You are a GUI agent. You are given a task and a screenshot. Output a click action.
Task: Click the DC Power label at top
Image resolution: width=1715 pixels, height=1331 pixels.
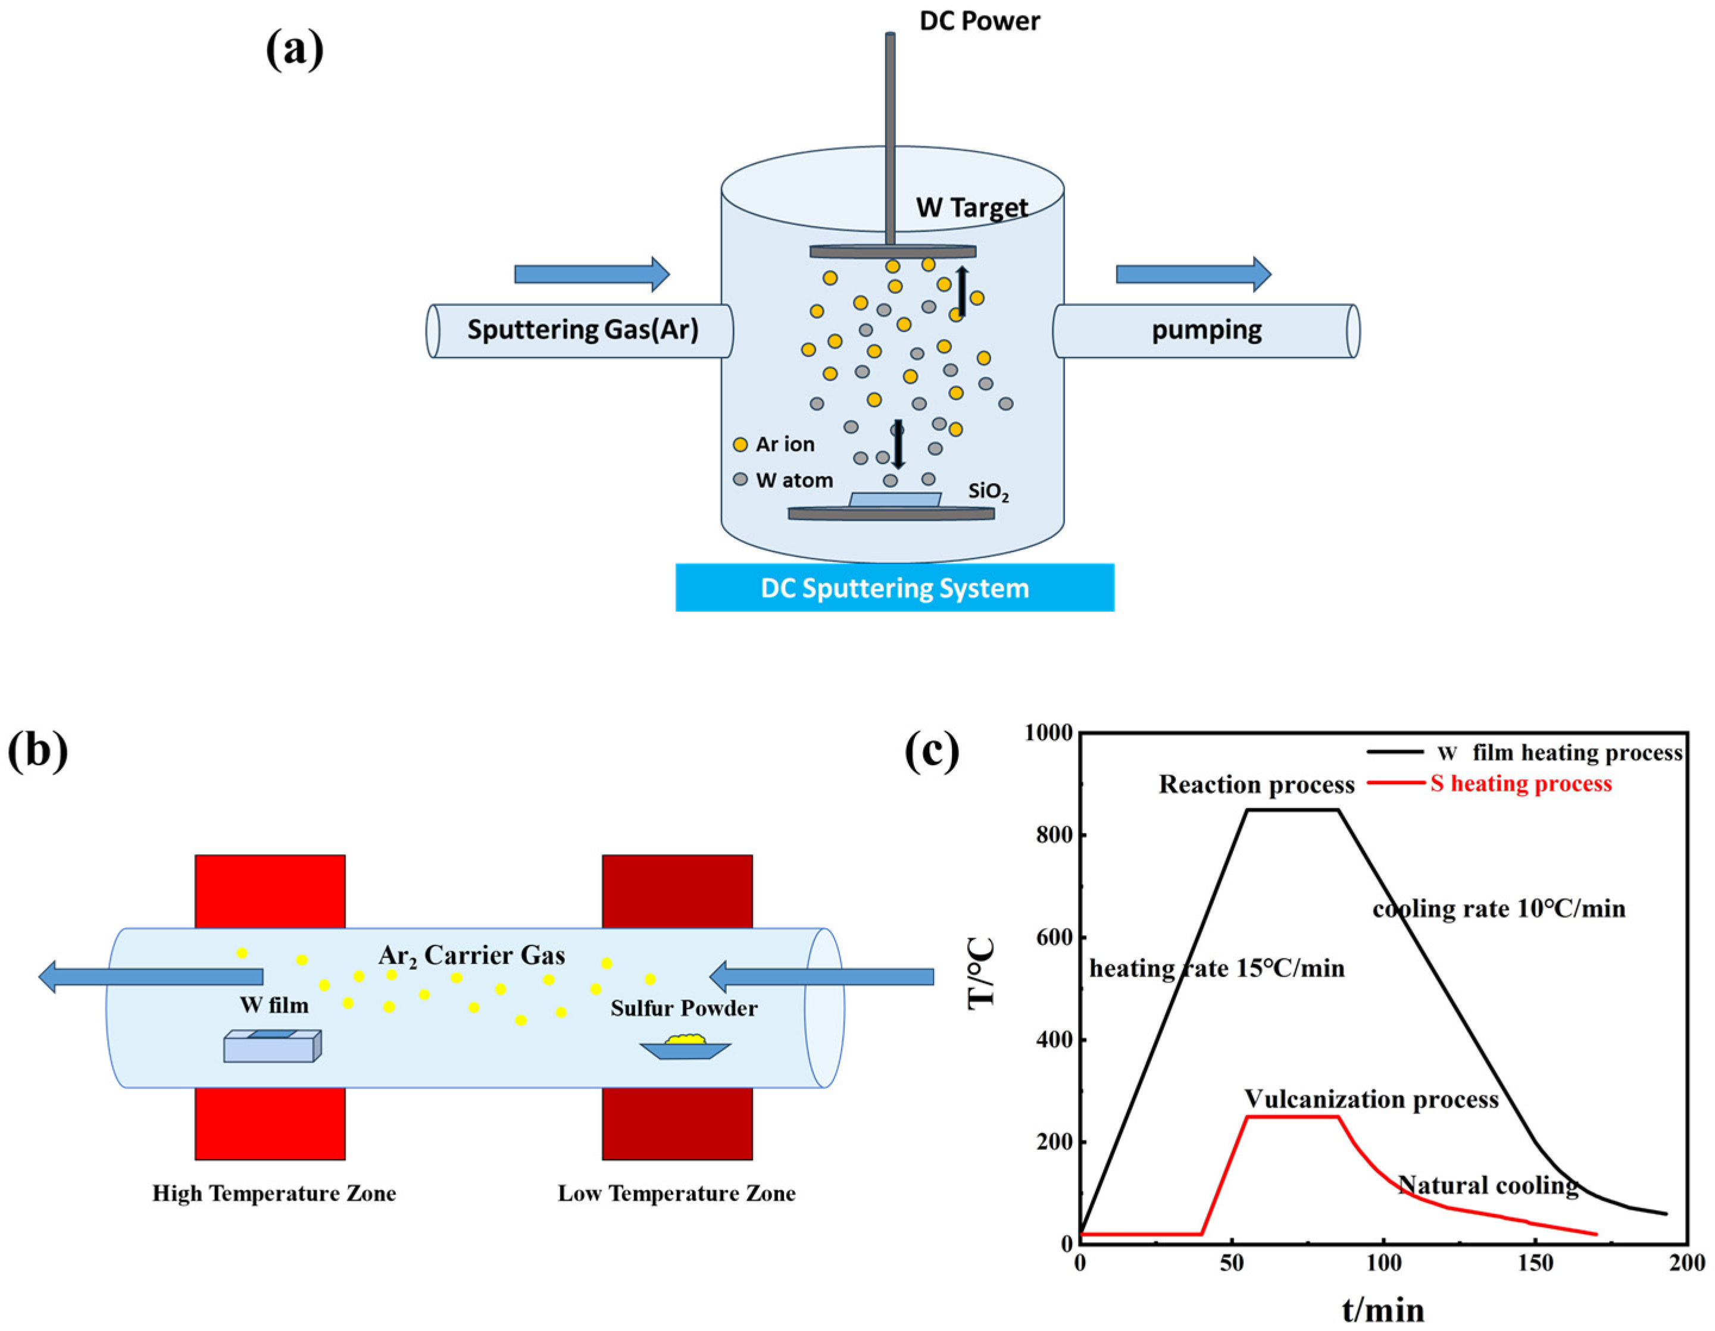[979, 21]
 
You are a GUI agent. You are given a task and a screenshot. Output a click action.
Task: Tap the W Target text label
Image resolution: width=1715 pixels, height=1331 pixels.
[971, 207]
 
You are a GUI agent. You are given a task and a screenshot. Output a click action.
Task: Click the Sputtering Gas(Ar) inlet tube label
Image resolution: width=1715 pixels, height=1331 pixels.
[583, 329]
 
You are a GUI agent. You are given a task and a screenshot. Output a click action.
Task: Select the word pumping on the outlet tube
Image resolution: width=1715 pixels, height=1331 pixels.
[1206, 330]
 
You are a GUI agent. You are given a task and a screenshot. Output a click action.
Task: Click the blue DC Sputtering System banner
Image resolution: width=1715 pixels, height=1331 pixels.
[894, 588]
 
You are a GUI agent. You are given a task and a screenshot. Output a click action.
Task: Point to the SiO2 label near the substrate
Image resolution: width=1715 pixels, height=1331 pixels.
[988, 492]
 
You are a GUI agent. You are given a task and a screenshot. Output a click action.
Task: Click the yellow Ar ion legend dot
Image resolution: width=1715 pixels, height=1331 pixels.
[740, 445]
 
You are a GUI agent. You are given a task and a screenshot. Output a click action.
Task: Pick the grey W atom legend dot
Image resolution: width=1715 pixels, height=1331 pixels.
[740, 479]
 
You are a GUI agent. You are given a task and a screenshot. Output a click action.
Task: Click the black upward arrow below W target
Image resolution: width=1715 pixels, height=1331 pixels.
[962, 290]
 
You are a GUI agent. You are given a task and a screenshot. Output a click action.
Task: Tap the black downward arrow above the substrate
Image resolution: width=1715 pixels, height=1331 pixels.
[898, 443]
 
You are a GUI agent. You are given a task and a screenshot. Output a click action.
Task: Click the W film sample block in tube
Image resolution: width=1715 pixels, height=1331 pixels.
[273, 1045]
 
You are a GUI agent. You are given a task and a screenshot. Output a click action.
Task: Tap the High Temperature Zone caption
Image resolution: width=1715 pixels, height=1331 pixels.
[274, 1194]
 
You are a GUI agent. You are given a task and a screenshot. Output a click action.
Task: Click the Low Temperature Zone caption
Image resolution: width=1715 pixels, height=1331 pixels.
[676, 1194]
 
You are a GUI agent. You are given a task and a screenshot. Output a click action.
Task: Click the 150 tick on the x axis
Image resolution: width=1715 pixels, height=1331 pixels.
[1535, 1264]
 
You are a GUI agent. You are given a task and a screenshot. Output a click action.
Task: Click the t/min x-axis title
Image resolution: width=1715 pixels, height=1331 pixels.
[1383, 1309]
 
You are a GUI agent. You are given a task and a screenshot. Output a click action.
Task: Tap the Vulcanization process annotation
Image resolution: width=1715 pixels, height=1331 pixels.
[1371, 1099]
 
